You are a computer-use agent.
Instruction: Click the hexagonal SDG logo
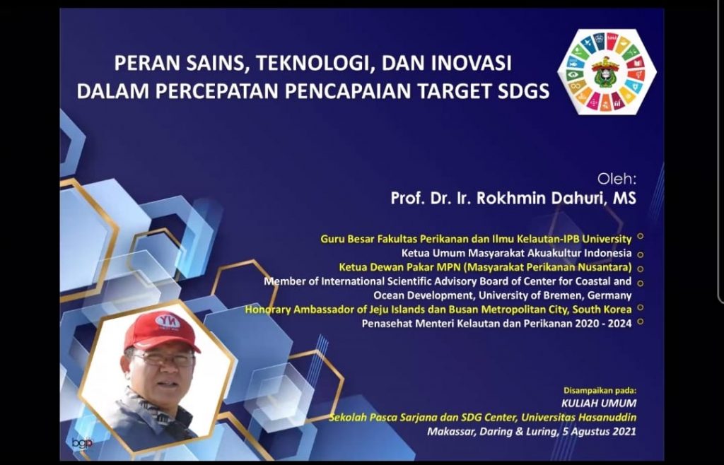[606, 71]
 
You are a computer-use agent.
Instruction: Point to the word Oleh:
[617, 178]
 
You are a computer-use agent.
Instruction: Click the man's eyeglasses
[162, 359]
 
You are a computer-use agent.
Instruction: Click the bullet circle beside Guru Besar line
[641, 237]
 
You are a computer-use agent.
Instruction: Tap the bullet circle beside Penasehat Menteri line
[641, 322]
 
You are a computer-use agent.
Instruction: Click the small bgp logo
[82, 443]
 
